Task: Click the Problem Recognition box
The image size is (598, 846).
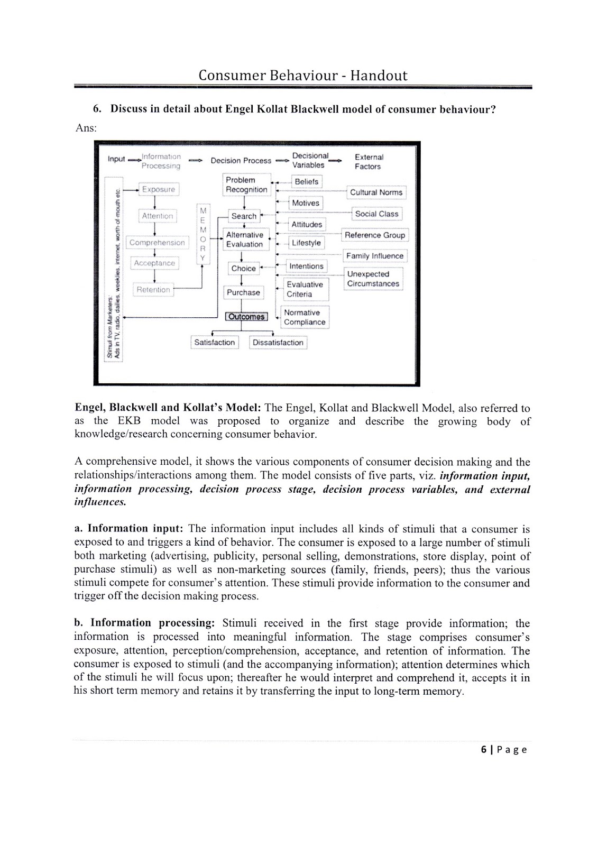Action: pyautogui.click(x=246, y=185)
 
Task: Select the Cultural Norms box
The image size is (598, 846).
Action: pyautogui.click(x=376, y=192)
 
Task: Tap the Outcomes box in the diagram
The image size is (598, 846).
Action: pyautogui.click(x=246, y=317)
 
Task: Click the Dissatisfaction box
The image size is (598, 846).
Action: pyautogui.click(x=278, y=343)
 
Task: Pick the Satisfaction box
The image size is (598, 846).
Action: pyautogui.click(x=214, y=343)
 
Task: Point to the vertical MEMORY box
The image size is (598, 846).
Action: pyautogui.click(x=203, y=235)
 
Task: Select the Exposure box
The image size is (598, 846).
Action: pyautogui.click(x=158, y=189)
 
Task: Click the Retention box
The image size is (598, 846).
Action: pyautogui.click(x=153, y=290)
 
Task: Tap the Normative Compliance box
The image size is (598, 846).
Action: pyautogui.click(x=305, y=317)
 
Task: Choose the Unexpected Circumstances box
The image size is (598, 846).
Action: pyautogui.click(x=373, y=279)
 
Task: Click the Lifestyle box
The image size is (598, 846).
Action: pyautogui.click(x=306, y=243)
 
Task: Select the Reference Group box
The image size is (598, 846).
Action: pyautogui.click(x=375, y=235)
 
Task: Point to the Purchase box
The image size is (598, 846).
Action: pyautogui.click(x=243, y=292)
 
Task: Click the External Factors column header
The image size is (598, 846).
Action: pyautogui.click(x=369, y=162)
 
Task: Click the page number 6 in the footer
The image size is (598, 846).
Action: pyautogui.click(x=484, y=749)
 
